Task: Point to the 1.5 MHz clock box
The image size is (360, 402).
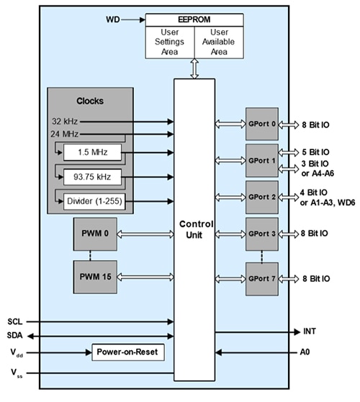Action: pyautogui.click(x=92, y=153)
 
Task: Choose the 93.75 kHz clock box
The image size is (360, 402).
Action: pyautogui.click(x=92, y=177)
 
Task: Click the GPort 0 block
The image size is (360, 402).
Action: pyautogui.click(x=261, y=122)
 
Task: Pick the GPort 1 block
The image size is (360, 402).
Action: pyautogui.click(x=261, y=160)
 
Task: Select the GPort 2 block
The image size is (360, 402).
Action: pyautogui.click(x=261, y=197)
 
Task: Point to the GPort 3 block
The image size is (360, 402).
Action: pyautogui.click(x=261, y=233)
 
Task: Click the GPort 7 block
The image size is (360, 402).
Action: pyautogui.click(x=261, y=277)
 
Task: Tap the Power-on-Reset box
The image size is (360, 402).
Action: pyautogui.click(x=127, y=352)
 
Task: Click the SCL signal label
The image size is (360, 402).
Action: pyautogui.click(x=15, y=321)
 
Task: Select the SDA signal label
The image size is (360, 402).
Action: pyautogui.click(x=15, y=335)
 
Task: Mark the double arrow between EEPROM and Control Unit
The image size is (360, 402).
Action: pyautogui.click(x=195, y=68)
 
